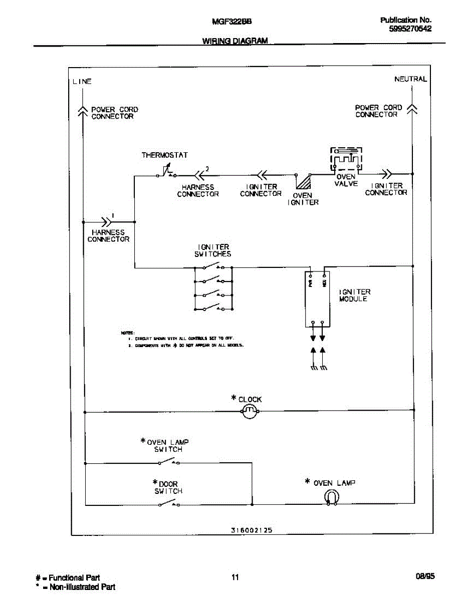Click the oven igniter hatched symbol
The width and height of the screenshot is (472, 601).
coord(303,182)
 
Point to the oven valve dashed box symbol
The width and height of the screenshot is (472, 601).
coord(346,159)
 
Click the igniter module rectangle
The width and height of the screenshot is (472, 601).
coord(318,299)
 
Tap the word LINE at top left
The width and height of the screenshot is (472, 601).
coord(82,82)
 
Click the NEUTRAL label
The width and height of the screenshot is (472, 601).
coord(410,79)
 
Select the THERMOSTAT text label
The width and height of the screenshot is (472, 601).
coord(164,155)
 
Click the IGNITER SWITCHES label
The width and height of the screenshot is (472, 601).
coord(213,250)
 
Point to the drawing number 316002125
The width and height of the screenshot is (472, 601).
coord(252,530)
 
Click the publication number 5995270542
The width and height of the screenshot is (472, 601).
coord(410,29)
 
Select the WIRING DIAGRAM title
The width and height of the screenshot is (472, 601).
coord(235,41)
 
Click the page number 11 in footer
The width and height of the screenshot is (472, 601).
coord(235,577)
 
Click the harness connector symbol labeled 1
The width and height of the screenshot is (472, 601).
coord(107,221)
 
